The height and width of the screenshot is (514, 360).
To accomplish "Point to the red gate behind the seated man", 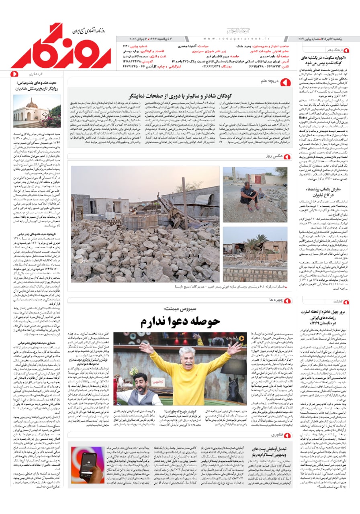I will point(256,179).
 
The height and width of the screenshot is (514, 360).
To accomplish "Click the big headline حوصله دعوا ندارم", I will point(180,321).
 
